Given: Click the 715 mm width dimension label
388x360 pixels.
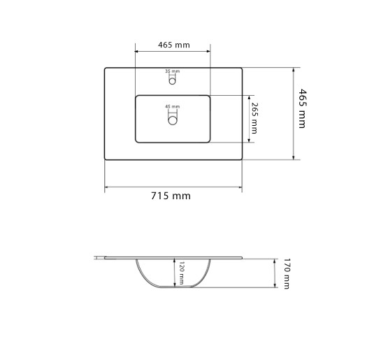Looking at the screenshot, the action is click(x=171, y=196).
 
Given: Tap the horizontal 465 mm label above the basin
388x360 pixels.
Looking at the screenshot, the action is click(x=174, y=45).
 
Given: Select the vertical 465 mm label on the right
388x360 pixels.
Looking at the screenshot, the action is click(x=302, y=108).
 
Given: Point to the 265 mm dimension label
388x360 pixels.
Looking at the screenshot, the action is click(x=254, y=118).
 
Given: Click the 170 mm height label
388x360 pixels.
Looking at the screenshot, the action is click(x=287, y=273).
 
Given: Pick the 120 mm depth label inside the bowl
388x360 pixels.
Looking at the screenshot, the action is click(x=181, y=273).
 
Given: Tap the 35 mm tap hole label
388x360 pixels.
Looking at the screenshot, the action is click(x=173, y=71).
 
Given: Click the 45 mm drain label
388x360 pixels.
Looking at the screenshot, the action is click(x=173, y=107).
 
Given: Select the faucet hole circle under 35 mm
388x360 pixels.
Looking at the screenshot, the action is click(x=172, y=81).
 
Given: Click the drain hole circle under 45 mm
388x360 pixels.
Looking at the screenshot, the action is click(x=173, y=120).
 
